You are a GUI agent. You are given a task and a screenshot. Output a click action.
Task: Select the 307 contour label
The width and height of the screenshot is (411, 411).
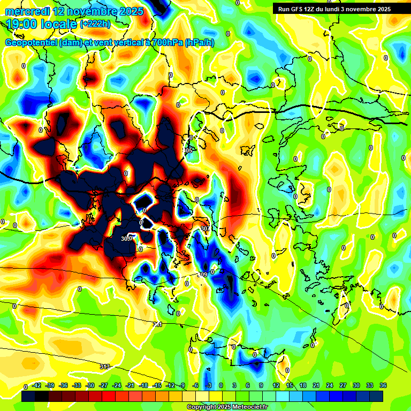(x=205, y=229)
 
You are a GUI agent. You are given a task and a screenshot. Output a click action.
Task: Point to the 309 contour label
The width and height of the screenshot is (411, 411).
(x=202, y=275)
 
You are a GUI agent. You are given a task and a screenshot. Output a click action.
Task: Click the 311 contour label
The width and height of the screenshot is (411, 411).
(x=157, y=324)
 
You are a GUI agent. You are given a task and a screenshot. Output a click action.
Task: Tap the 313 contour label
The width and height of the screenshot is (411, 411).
(x=105, y=367)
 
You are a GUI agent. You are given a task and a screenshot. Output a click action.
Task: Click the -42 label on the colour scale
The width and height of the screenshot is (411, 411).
(x=37, y=386)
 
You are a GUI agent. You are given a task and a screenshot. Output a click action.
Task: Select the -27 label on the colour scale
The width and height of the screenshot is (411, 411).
(x=104, y=386)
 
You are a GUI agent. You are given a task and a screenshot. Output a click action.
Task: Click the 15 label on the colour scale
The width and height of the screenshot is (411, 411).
(x=290, y=386)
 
